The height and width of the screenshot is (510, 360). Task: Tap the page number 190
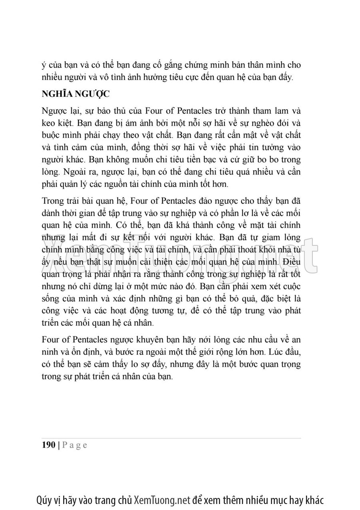coord(48,446)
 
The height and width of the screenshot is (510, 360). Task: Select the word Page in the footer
coord(75,446)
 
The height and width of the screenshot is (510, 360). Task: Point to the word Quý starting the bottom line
coord(45,500)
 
